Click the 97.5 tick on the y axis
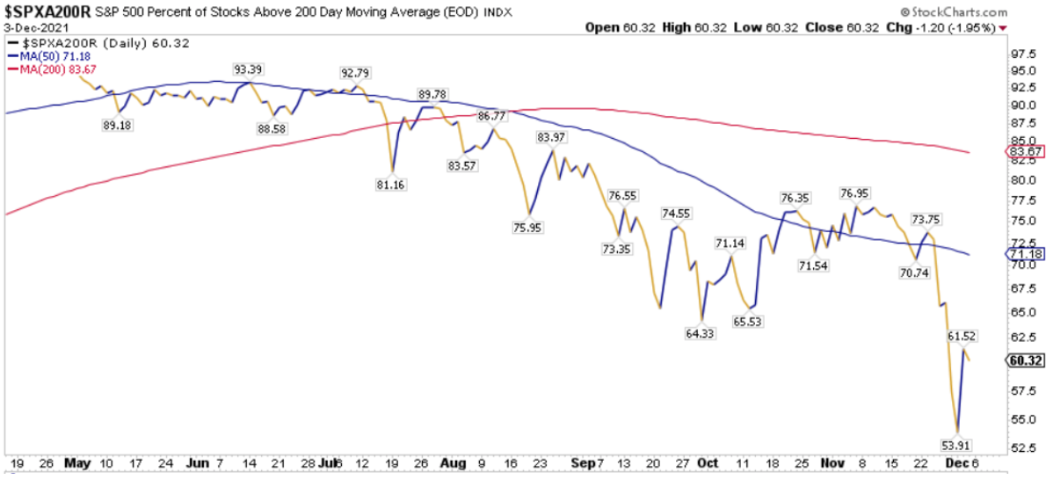1019,53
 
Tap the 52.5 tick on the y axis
1019,447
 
